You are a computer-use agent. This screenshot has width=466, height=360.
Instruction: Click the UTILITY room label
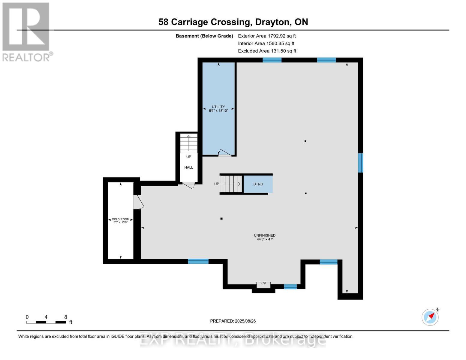(x=218, y=109)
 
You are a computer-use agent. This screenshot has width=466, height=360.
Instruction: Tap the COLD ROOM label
(x=121, y=221)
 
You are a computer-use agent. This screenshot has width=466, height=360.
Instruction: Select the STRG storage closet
(x=258, y=184)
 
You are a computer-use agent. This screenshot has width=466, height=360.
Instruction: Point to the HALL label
(x=189, y=167)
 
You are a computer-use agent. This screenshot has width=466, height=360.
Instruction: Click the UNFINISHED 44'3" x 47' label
(x=264, y=237)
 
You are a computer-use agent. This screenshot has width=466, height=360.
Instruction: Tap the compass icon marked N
(x=430, y=317)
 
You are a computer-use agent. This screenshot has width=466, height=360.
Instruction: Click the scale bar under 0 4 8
(x=46, y=322)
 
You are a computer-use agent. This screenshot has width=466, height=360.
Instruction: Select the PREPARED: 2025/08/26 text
(x=233, y=321)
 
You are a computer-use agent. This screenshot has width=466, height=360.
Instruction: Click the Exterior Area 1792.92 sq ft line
(x=267, y=36)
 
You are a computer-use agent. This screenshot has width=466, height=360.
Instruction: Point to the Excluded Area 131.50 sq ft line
(x=267, y=51)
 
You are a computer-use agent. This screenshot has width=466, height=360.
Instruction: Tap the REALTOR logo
(x=26, y=32)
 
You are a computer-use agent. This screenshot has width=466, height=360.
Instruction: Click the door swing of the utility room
(x=225, y=153)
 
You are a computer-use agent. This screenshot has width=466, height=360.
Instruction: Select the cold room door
(x=138, y=202)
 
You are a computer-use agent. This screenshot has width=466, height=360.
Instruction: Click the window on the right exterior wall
(x=361, y=163)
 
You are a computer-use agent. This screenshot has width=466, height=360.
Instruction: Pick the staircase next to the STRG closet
(x=231, y=184)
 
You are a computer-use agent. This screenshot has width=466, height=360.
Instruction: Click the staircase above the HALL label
(x=189, y=143)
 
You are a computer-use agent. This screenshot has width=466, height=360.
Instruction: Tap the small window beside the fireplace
(x=290, y=286)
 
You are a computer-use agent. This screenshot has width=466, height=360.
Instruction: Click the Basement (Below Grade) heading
(x=204, y=36)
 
